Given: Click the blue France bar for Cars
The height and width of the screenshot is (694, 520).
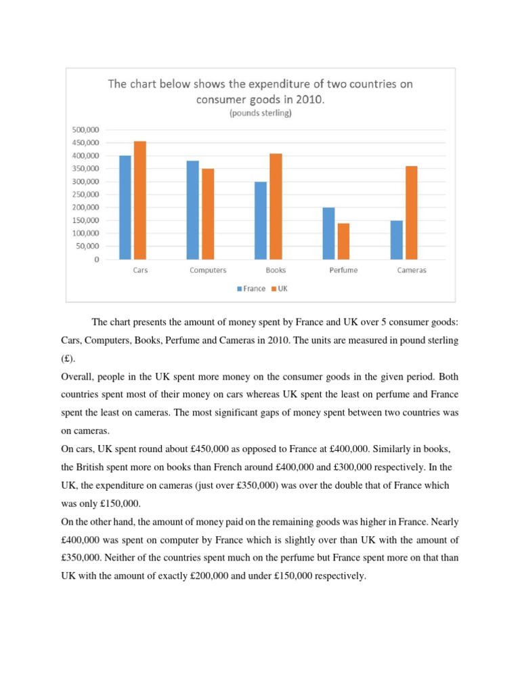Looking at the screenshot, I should pyautogui.click(x=125, y=207).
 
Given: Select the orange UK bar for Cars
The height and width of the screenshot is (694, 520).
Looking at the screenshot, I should pyautogui.click(x=140, y=200).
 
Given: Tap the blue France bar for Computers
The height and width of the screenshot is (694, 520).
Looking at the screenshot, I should pyautogui.click(x=193, y=210).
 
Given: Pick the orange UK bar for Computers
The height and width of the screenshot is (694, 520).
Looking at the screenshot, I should pyautogui.click(x=208, y=214).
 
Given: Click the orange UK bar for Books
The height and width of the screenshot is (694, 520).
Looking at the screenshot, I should pyautogui.click(x=276, y=207).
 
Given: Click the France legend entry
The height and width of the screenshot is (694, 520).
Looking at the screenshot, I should pyautogui.click(x=251, y=289).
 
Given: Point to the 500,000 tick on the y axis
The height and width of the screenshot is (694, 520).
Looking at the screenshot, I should pyautogui.click(x=85, y=130).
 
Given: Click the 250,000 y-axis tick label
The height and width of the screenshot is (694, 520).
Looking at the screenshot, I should pyautogui.click(x=85, y=195).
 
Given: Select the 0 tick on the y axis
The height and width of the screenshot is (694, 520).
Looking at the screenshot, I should pyautogui.click(x=97, y=260).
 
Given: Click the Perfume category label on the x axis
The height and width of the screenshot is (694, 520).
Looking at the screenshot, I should pyautogui.click(x=344, y=270).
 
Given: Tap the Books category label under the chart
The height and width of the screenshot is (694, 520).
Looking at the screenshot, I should pyautogui.click(x=276, y=270).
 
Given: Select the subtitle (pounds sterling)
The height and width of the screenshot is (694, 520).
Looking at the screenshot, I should pyautogui.click(x=261, y=113).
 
